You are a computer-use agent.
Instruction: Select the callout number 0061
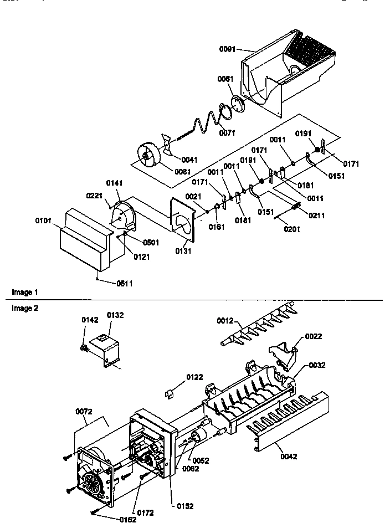click(225, 79)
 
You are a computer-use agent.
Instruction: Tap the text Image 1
click(25, 292)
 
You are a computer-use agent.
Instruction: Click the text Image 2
click(25, 309)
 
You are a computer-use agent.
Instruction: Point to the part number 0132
click(115, 315)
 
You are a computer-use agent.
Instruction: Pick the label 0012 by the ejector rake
click(225, 321)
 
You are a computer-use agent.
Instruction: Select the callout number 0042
click(289, 457)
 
